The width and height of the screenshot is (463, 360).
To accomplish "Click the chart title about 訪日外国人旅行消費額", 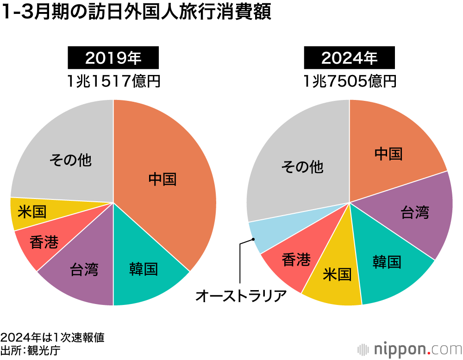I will tap(136, 13).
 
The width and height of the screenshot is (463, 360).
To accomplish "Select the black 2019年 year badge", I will tap(113, 58).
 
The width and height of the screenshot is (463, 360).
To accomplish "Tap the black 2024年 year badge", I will tap(350, 58).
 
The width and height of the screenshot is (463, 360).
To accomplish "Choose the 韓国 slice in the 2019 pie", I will tap(144, 268).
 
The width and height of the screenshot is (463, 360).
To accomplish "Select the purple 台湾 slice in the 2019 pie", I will tap(83, 268).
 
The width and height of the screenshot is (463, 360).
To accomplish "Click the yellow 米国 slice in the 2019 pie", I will tap(32, 212).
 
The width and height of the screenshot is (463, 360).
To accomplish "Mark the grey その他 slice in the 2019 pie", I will tap(69, 160).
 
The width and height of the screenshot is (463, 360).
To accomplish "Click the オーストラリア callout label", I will tap(241, 295).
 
